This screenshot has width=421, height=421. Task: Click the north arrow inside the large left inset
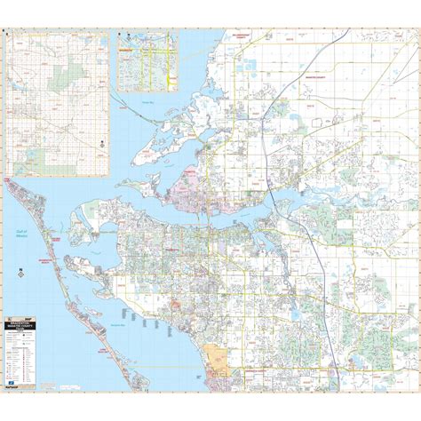102,142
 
